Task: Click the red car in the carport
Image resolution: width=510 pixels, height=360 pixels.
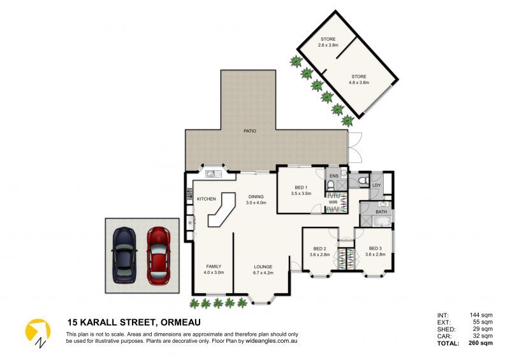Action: [x=158, y=256]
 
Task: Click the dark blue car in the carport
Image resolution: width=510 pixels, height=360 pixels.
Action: [x=124, y=255]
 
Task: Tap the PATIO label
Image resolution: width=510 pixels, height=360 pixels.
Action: [x=250, y=131]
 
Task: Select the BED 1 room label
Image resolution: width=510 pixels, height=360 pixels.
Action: [x=301, y=187]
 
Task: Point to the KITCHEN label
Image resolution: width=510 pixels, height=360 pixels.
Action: [x=206, y=199]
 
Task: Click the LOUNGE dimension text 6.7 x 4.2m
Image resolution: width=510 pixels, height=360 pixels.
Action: [x=263, y=273]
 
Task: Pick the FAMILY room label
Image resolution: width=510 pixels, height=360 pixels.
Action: [x=214, y=266]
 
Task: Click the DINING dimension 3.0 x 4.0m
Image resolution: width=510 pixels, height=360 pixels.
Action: [x=256, y=203]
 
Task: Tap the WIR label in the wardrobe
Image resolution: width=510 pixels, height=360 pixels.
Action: [x=333, y=202]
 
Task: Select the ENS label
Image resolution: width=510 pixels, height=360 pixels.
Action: [x=334, y=176]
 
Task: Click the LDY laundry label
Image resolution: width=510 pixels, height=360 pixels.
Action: [x=376, y=185]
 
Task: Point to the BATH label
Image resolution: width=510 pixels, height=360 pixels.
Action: [x=381, y=212]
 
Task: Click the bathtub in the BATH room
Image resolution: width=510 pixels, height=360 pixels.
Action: [x=381, y=222]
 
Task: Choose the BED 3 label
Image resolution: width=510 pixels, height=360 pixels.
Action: [x=375, y=248]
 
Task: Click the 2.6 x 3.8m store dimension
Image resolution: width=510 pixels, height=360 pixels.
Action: [x=328, y=45]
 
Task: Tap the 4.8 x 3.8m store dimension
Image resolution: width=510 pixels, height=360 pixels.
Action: [x=359, y=83]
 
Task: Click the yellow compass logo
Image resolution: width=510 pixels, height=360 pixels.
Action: [x=38, y=332]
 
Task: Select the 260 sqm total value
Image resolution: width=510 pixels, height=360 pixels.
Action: [x=481, y=343]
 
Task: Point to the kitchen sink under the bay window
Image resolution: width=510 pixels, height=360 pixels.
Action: [x=214, y=174]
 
